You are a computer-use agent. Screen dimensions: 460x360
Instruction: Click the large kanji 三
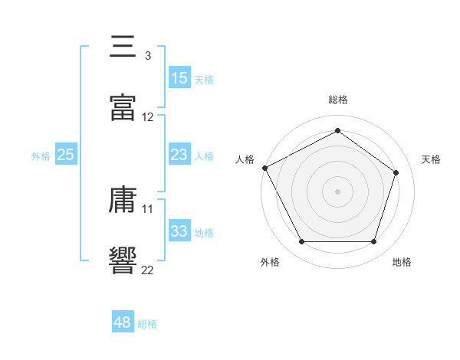point(123,46)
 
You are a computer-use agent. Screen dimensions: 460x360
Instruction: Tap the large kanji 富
point(123,107)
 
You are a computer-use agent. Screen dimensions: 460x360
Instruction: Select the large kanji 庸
point(123,199)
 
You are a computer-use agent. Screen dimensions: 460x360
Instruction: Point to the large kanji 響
point(123,260)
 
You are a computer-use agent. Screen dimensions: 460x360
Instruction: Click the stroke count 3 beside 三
point(148,56)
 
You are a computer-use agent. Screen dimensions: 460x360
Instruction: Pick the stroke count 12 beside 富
point(147,117)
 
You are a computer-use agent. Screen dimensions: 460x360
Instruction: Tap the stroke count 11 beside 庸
point(147,209)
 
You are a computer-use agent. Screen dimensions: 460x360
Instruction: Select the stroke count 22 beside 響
point(147,270)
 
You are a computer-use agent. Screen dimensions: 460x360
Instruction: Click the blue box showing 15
point(179,77)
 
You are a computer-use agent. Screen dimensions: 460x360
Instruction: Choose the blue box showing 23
point(179,154)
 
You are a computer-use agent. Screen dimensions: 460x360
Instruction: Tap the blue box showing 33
point(179,230)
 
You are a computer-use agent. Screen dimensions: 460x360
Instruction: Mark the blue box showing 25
point(66,154)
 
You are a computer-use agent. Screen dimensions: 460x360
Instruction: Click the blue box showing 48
point(123,321)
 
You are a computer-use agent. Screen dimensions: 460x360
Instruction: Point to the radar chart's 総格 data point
point(337,130)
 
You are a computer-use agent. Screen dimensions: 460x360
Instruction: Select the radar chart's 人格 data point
point(265,168)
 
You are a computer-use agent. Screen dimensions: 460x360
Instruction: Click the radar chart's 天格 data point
point(396,172)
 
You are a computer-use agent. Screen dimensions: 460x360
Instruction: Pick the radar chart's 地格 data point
point(373,241)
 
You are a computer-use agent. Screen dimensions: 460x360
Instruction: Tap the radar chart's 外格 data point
point(301,241)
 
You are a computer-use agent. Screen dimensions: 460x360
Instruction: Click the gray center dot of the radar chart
point(337,191)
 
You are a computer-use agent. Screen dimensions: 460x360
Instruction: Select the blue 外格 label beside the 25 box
point(41,156)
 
